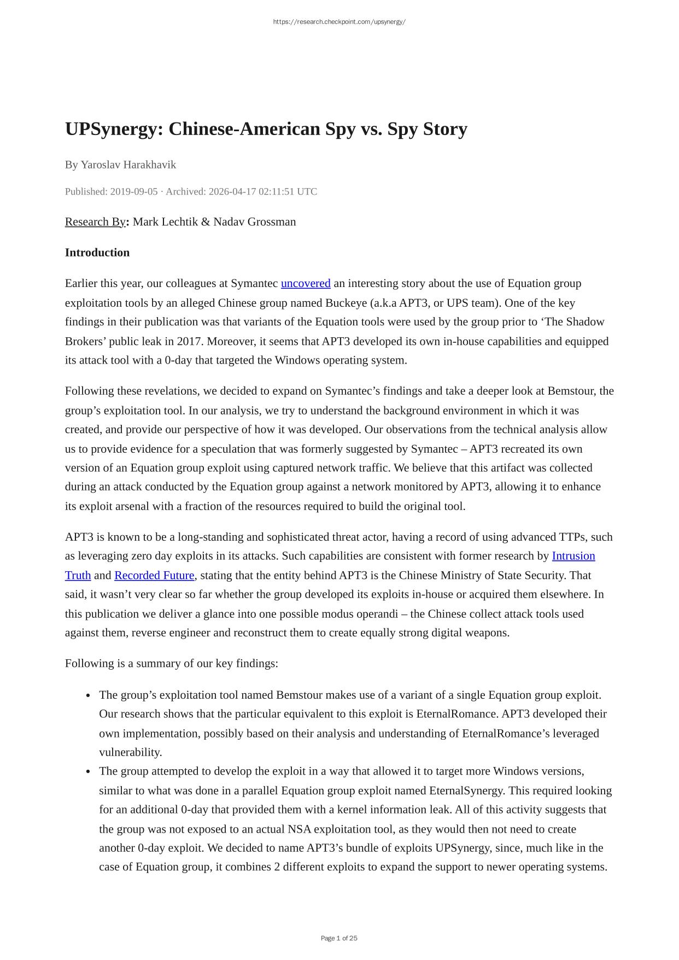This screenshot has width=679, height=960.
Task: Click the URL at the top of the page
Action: tap(339, 22)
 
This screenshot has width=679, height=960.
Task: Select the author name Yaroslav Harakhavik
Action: tap(128, 165)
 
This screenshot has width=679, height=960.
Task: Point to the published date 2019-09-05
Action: tap(134, 191)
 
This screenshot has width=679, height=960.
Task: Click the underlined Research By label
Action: tap(95, 221)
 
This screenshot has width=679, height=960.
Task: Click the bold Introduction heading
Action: tap(97, 253)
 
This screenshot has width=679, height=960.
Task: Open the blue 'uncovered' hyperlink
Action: tap(306, 283)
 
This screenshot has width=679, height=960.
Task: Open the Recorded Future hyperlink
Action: tap(154, 575)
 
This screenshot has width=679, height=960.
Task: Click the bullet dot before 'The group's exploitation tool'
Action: tap(88, 695)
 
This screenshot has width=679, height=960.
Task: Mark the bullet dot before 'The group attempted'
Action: tap(88, 771)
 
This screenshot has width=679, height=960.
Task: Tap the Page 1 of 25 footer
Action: tap(339, 938)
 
